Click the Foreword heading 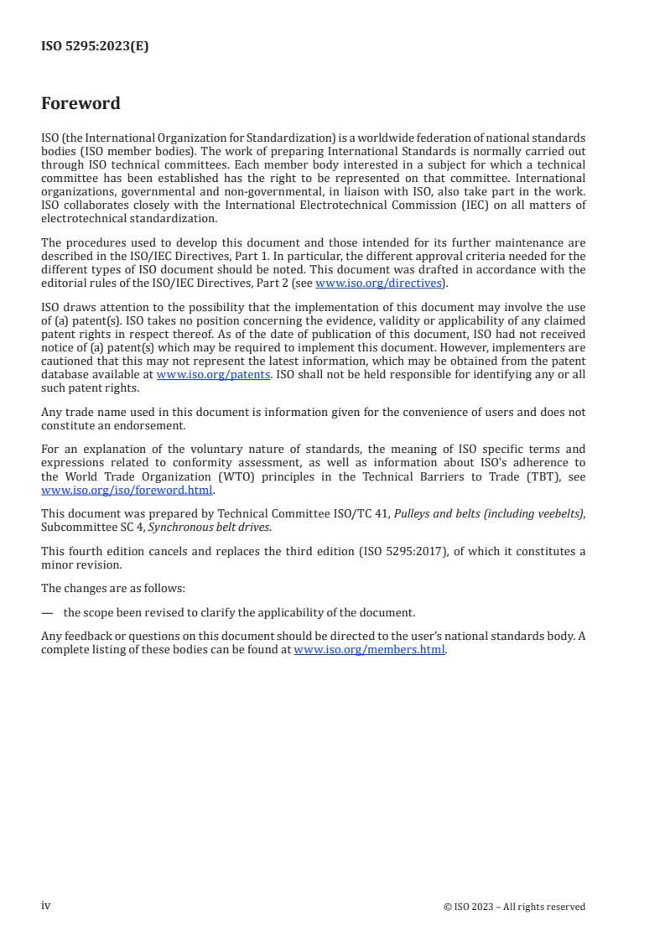point(81,104)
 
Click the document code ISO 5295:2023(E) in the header point(95,47)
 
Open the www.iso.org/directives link point(378,283)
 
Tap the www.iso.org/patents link point(213,375)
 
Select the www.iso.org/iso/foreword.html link point(127,491)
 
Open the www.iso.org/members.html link point(369,650)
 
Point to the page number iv point(46,906)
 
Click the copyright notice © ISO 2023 point(514,907)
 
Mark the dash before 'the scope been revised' point(46,612)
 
